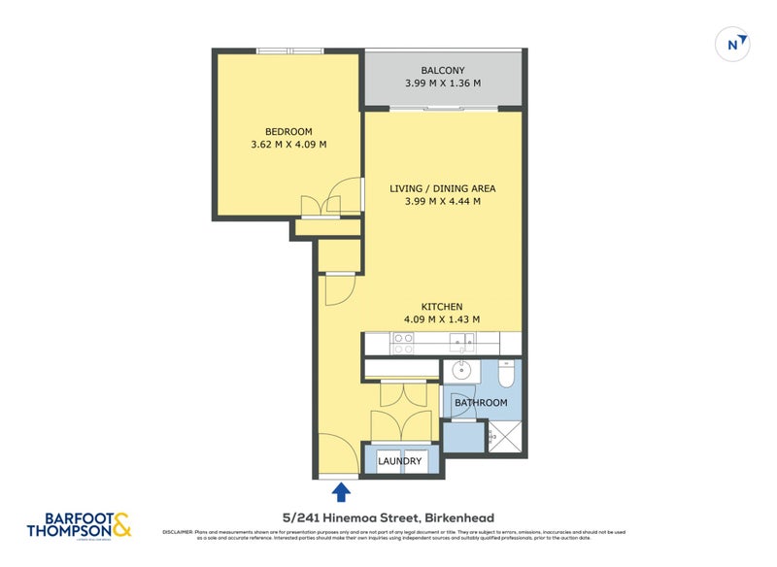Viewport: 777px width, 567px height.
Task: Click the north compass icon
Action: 735,44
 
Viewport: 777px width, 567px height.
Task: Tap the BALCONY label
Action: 442,70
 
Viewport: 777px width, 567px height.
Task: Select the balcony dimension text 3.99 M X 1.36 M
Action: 442,84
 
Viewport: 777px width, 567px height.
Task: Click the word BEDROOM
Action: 288,132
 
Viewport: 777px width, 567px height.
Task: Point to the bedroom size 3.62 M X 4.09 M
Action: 288,146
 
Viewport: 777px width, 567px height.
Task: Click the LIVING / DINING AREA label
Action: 442,188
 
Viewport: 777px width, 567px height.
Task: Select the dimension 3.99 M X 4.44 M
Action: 442,202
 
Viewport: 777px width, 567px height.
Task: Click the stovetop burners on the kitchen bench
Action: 402,343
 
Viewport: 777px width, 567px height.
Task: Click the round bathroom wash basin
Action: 461,370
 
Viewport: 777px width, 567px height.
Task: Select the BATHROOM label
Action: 481,402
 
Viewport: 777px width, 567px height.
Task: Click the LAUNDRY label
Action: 399,461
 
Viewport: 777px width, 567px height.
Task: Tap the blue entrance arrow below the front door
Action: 341,492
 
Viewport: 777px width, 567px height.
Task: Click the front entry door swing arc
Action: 335,451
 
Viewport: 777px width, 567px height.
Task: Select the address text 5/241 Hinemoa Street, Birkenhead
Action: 388,517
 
